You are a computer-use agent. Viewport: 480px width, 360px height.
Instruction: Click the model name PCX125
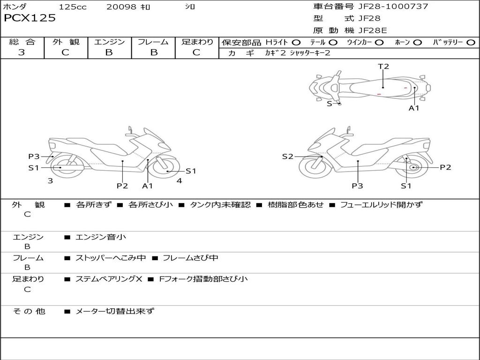tap(30, 18)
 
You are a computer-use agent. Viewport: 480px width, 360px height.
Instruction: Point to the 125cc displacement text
tap(73, 7)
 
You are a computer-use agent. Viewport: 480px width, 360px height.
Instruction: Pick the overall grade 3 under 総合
tap(22, 52)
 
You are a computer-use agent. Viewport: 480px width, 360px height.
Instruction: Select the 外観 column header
tap(66, 42)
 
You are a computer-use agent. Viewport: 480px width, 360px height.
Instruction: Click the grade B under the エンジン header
tap(109, 52)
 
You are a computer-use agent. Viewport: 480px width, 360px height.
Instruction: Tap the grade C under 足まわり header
tap(196, 52)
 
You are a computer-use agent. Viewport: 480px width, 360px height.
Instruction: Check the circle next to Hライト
tap(296, 42)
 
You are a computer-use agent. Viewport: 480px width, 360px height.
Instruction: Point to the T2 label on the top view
tap(383, 67)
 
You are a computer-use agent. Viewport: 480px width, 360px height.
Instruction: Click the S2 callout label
tap(287, 157)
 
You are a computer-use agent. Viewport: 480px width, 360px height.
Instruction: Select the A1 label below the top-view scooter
tap(414, 108)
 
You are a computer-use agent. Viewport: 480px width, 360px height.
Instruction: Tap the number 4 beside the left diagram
tap(179, 180)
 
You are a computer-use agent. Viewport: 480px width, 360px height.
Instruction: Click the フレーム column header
tap(153, 42)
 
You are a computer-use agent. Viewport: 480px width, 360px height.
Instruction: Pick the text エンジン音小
tap(100, 237)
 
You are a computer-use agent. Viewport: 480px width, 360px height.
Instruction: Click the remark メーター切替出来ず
tap(114, 311)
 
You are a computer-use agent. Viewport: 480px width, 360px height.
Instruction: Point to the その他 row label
tap(28, 311)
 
